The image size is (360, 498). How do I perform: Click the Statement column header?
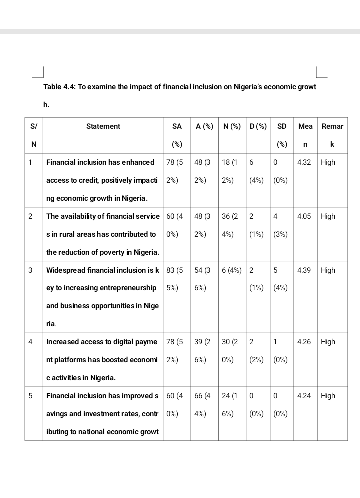(x=103, y=126)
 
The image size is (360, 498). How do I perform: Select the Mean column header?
(x=305, y=135)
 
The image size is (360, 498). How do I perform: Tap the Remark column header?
(x=332, y=135)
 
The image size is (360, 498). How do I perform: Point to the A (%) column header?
(x=204, y=126)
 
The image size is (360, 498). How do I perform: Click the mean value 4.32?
(x=304, y=162)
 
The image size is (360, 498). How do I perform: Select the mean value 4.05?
(x=304, y=216)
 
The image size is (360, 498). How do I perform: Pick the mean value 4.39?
(x=304, y=270)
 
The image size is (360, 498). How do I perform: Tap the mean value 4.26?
(x=304, y=342)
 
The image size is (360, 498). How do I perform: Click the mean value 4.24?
(x=304, y=396)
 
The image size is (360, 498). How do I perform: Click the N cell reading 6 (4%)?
(x=232, y=270)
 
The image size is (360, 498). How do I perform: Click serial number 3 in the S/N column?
(x=30, y=270)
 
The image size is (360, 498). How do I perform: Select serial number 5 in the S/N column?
(x=30, y=396)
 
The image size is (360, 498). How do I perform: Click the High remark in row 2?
(x=328, y=216)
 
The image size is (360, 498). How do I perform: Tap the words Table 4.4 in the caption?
(x=59, y=87)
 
